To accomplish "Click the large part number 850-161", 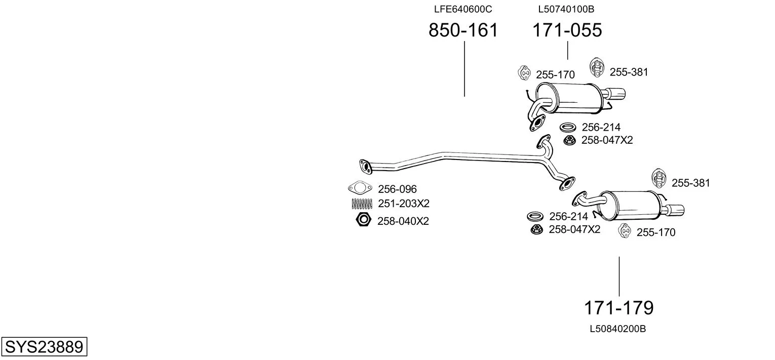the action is coord(463,30).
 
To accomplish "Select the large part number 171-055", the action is coord(567,30).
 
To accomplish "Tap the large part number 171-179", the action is coord(618,308).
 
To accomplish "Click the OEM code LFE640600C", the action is coord(463,9).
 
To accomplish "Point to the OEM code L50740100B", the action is coord(566,9).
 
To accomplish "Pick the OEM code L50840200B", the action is coord(617,329).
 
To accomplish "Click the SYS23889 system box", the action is coord(44,346).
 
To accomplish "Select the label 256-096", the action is coord(397,189).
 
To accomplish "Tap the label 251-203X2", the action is coord(403,204).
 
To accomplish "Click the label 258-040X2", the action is coord(403,221).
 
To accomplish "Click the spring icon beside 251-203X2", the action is coord(362,204).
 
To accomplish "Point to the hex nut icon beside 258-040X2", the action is coord(363,220).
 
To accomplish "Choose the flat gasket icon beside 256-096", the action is coord(360,188).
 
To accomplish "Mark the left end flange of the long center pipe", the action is coord(365,166).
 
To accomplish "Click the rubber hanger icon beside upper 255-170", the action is coord(524,73).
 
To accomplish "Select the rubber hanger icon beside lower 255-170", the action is coord(625,231).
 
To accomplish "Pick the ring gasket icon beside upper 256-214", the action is coord(568,127).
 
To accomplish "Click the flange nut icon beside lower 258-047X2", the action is coord(536,229).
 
